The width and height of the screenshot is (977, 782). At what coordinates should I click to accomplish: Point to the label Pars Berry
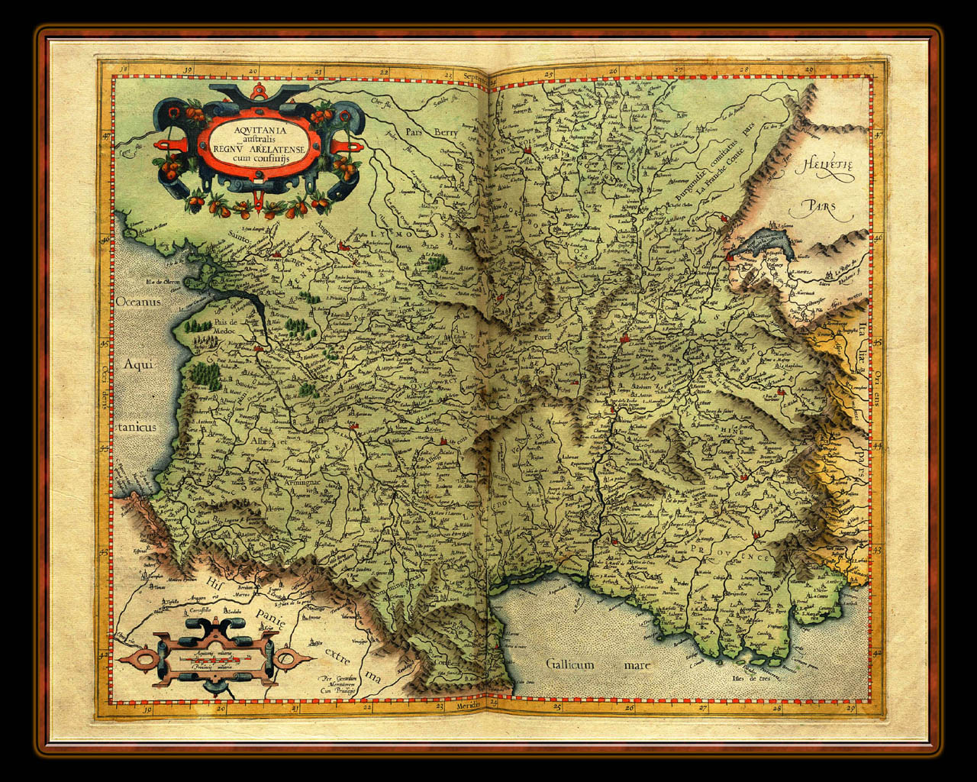pos(432,131)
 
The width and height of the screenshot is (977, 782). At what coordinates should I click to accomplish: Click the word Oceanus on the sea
pos(138,301)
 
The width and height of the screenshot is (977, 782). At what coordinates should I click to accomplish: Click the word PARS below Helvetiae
pos(819,205)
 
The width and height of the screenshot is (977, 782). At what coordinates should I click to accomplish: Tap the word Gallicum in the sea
pos(569,664)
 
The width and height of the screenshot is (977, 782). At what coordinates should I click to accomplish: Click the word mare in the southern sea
pos(637,665)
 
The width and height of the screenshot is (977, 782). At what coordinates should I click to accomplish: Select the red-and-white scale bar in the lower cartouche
pos(214,658)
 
